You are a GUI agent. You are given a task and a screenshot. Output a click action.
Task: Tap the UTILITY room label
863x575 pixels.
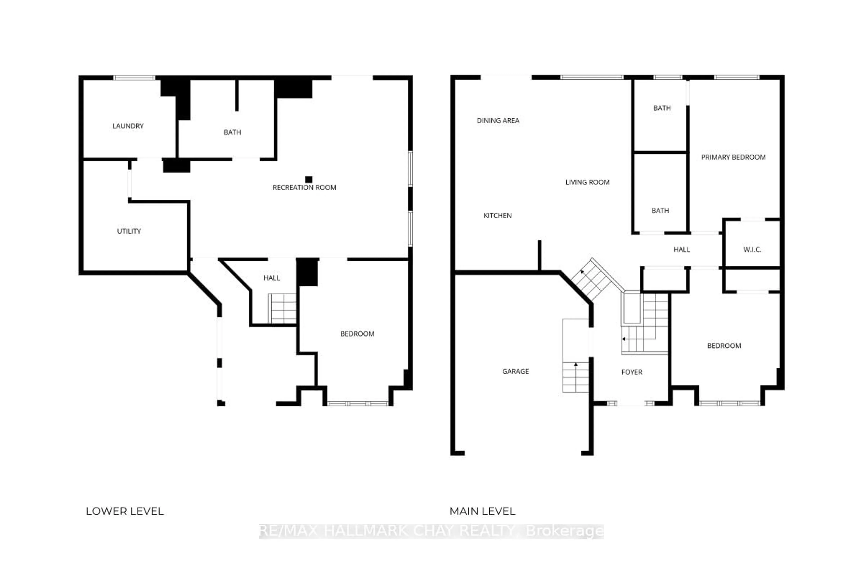click(x=129, y=231)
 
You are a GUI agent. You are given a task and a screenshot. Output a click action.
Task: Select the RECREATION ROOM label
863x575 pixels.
click(x=304, y=187)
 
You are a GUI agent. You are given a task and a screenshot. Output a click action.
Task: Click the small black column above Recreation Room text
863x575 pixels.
click(x=309, y=179)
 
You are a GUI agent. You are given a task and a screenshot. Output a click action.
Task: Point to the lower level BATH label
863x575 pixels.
click(x=232, y=132)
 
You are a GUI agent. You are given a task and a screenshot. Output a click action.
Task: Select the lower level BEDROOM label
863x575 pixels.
click(x=357, y=334)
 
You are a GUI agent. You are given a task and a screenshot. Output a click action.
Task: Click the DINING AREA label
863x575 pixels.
click(x=498, y=120)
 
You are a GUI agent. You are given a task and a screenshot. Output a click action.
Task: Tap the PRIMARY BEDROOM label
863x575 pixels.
click(x=733, y=157)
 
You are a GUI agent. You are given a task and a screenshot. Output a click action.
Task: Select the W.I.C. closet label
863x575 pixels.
click(x=752, y=249)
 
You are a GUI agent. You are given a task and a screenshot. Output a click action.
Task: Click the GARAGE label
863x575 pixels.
click(x=515, y=371)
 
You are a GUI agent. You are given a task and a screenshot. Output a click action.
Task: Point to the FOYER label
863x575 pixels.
click(x=632, y=372)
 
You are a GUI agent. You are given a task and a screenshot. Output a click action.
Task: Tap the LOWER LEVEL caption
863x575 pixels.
click(x=125, y=511)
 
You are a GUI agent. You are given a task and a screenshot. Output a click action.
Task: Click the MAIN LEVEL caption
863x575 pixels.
click(x=482, y=511)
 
